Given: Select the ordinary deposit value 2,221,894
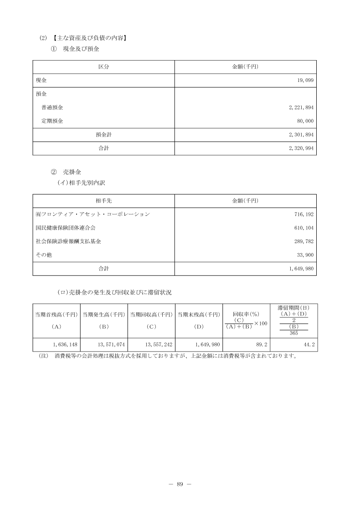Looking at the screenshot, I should [301, 107].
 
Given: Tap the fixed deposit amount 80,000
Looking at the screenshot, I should [304, 121].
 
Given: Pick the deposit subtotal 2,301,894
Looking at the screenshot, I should [301, 135].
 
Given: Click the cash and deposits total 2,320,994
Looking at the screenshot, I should [301, 148].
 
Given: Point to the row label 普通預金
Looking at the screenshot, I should [52, 107].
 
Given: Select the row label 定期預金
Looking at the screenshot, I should [52, 121].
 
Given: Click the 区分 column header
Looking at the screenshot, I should [103, 66].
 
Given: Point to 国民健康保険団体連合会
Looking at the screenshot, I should [66, 228].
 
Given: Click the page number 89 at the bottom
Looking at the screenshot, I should [180, 484].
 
